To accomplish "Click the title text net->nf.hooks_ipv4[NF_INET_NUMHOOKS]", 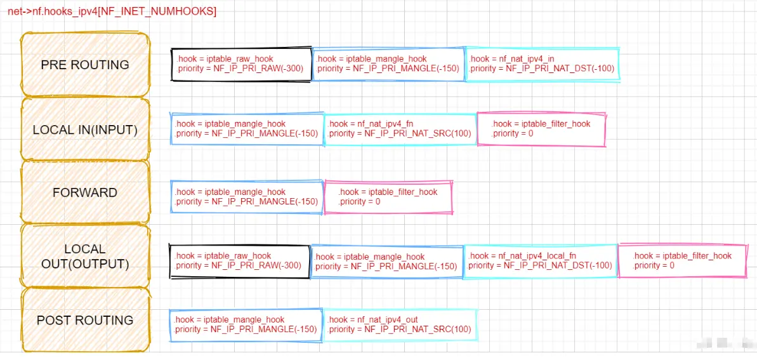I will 112,11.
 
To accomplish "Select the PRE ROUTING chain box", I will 85,65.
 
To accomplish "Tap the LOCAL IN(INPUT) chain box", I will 85,130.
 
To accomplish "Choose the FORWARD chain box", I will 85,192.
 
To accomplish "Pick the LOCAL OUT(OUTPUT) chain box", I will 85,256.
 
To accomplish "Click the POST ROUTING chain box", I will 85,320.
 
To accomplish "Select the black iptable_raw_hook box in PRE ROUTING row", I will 241,64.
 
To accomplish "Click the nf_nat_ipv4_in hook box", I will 542,64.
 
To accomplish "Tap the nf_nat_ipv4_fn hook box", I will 400,129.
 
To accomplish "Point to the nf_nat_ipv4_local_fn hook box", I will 541,261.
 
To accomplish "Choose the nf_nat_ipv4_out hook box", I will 400,324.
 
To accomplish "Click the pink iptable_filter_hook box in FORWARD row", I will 388,197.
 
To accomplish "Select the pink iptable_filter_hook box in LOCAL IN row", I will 542,129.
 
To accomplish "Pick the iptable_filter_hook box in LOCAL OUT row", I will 682,261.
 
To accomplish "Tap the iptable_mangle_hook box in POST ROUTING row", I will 246,324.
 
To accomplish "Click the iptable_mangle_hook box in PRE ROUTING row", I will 388,64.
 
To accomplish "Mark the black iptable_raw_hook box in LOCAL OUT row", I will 239,261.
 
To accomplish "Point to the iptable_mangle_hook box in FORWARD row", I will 247,197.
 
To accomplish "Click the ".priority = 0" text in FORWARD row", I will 360,202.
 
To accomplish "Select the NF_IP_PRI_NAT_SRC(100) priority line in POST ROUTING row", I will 400,330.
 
